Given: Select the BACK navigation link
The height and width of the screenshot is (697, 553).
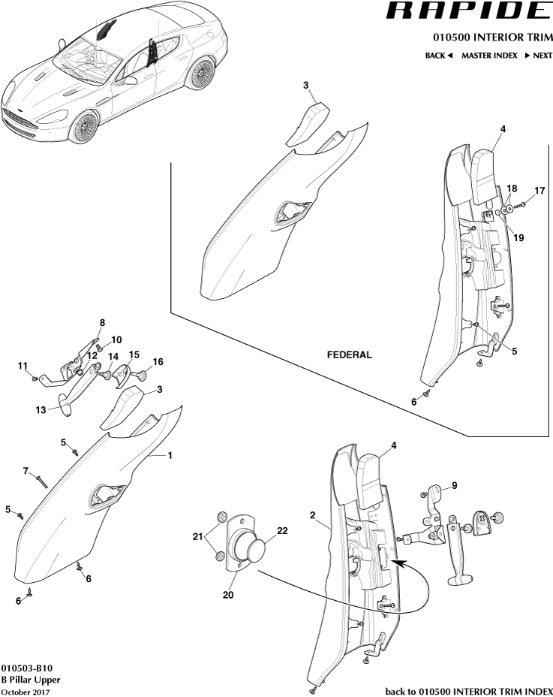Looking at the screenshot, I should [x=439, y=56].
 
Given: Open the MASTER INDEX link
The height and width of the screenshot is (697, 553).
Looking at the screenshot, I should [x=489, y=56].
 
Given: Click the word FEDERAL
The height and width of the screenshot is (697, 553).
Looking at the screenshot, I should [x=349, y=355].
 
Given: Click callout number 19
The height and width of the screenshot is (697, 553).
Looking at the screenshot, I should [x=519, y=237].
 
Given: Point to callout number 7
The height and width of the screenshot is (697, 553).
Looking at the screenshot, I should [x=26, y=471].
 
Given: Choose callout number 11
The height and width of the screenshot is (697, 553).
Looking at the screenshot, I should [x=23, y=366].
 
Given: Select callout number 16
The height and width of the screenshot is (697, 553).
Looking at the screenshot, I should [x=158, y=361].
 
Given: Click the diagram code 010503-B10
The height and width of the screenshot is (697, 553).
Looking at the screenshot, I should [x=26, y=667].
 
